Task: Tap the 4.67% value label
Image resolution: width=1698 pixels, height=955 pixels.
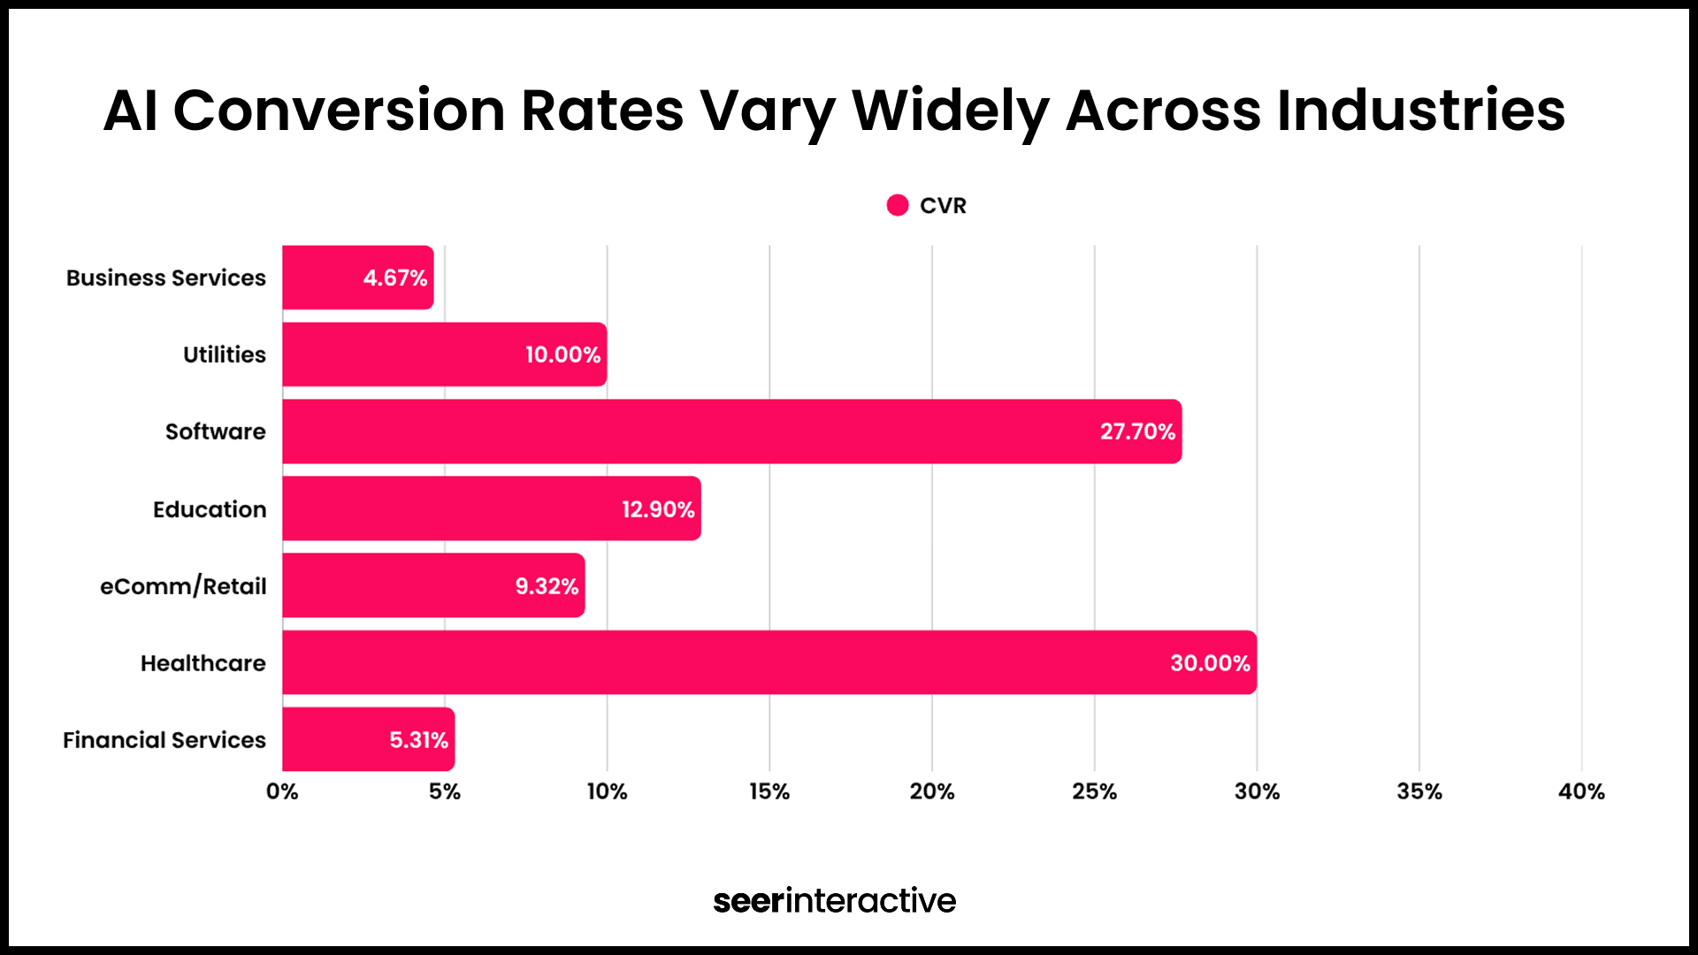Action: [395, 278]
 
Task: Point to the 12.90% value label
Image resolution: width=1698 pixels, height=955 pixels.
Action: [658, 509]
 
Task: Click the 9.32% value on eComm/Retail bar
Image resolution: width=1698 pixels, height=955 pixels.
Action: [547, 586]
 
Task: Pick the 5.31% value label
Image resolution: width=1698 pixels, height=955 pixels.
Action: [418, 740]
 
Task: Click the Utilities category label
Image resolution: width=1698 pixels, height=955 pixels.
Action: [225, 355]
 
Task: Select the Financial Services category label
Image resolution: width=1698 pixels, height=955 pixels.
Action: [164, 740]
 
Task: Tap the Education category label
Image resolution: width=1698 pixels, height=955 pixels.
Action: [210, 509]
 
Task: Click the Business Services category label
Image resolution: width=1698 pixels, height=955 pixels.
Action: [166, 278]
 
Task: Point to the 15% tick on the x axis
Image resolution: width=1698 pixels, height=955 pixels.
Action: [769, 791]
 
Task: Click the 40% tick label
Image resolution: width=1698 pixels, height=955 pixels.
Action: [1581, 791]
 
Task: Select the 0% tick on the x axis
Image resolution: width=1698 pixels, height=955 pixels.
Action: [282, 791]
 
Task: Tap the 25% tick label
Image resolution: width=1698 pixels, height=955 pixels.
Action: [1094, 791]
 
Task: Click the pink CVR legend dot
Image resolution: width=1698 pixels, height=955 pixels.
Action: [898, 205]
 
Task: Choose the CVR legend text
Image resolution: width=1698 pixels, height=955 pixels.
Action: [943, 206]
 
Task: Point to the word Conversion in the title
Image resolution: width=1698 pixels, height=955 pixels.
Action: [339, 111]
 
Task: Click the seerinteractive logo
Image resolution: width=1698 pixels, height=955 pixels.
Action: [834, 900]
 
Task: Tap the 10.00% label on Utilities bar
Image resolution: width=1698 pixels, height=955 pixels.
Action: [562, 355]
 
